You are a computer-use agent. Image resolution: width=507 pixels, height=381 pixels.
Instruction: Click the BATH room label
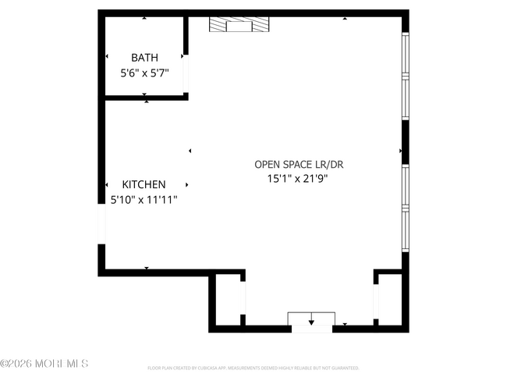[144, 57]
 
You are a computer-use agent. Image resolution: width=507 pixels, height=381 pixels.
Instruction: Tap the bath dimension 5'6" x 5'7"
[144, 73]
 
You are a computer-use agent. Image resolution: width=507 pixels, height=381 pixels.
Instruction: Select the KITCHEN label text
[144, 184]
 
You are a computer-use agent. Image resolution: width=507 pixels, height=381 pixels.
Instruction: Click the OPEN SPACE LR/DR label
[299, 164]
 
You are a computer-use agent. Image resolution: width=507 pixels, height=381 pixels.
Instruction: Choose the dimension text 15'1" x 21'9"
[299, 179]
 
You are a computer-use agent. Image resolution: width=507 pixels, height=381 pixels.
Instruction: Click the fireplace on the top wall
[239, 26]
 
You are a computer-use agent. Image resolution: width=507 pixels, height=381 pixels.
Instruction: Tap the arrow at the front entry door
[311, 320]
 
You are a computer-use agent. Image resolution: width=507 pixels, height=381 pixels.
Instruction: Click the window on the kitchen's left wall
[101, 223]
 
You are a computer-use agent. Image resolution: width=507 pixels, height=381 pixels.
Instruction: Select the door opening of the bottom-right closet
[376, 301]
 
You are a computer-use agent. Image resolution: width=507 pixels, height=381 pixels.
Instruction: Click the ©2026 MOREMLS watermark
[44, 364]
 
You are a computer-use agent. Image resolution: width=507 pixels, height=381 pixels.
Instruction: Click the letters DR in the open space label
[335, 164]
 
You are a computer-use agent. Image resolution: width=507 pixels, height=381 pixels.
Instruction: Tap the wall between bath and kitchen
[145, 97]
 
